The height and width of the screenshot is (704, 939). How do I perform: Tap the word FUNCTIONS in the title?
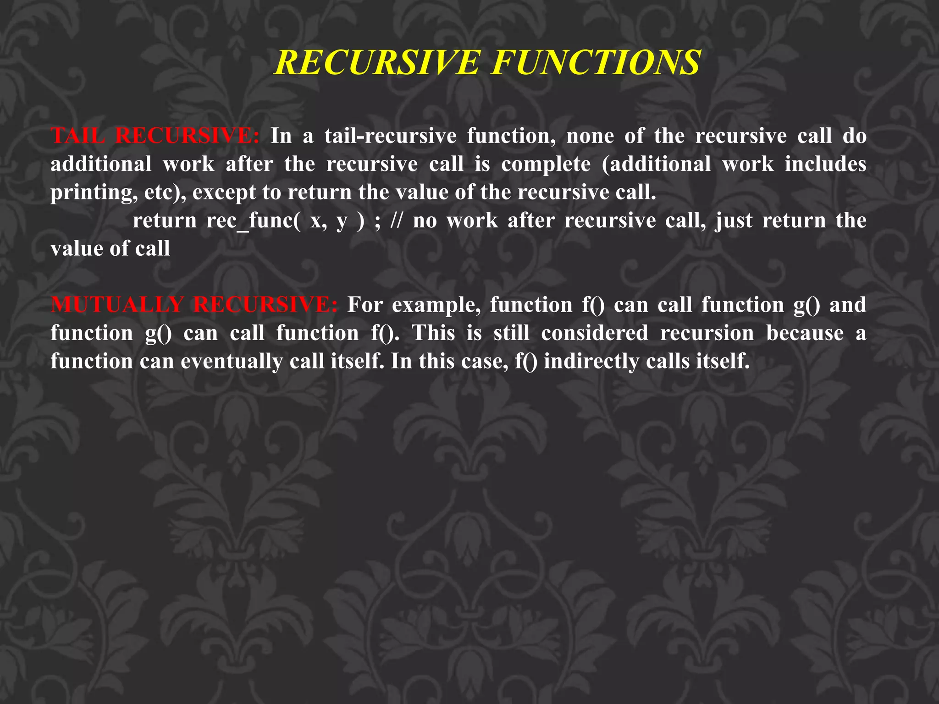pos(596,62)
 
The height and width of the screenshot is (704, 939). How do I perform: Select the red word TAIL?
pos(77,136)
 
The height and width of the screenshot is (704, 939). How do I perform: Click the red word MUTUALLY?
pos(117,305)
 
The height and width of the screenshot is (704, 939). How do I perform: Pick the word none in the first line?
pos(590,136)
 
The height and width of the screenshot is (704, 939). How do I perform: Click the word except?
pos(224,192)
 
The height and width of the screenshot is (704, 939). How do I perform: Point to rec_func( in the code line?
pos(253,221)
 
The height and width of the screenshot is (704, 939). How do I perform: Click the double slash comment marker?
pos(396,221)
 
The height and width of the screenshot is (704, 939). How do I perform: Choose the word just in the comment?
pos(734,221)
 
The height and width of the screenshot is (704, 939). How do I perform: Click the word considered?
pos(594,333)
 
